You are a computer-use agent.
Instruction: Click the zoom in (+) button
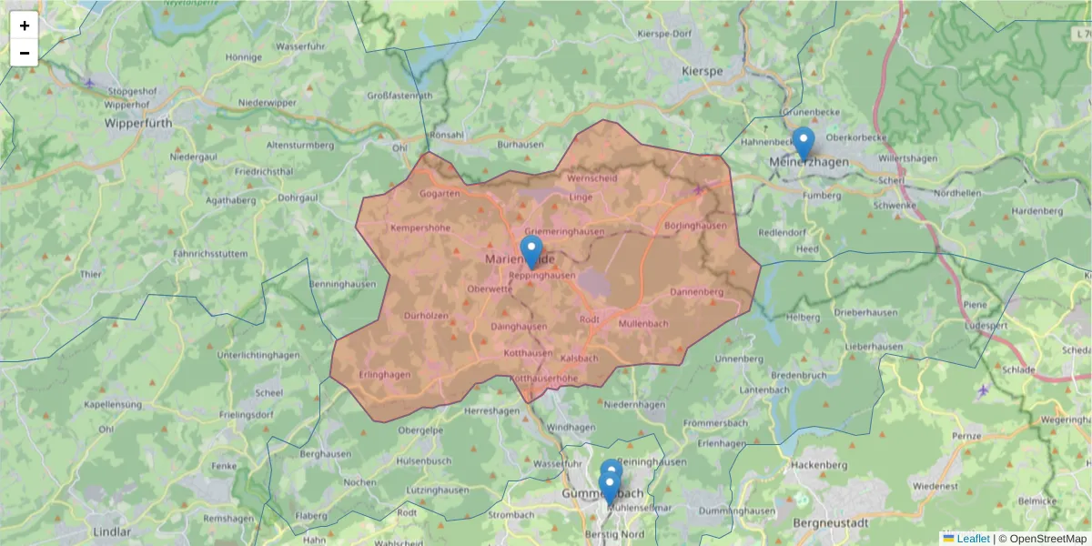point(25,25)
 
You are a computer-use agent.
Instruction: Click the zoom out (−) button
point(25,53)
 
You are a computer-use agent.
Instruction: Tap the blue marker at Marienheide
point(531,250)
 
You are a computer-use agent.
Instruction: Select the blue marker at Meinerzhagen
point(803,142)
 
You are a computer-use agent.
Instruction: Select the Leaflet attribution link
point(972,539)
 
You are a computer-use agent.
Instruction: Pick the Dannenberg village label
point(696,292)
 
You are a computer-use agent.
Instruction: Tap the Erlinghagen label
point(385,374)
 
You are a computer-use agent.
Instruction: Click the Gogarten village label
point(440,193)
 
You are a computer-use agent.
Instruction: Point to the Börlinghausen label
point(696,226)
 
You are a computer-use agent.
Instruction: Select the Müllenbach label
point(642,323)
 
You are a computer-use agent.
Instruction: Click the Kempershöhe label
point(420,227)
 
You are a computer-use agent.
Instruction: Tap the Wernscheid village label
point(591,178)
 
